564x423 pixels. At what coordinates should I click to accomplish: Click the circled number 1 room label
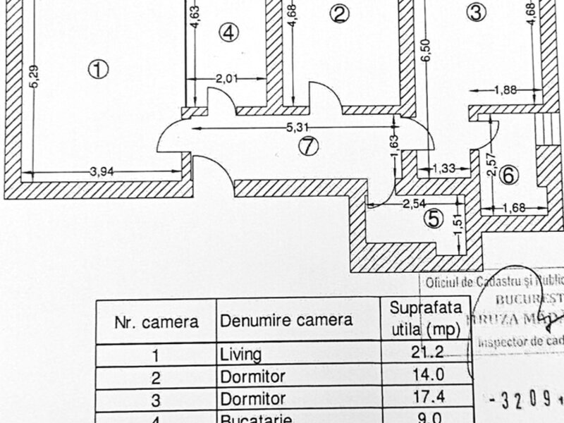tap(97, 68)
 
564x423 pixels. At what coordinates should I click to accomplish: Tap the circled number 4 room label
tap(228, 32)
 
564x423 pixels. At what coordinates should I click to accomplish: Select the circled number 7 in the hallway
tap(308, 146)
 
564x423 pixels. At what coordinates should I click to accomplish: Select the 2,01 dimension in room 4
tap(228, 78)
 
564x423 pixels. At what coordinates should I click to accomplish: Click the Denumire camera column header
tap(286, 320)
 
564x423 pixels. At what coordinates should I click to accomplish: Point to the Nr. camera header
tap(156, 322)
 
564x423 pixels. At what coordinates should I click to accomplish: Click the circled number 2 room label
tap(340, 14)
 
